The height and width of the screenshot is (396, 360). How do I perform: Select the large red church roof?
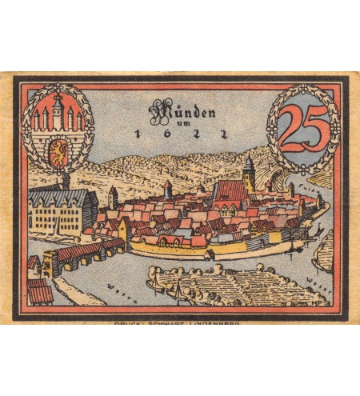[x=230, y=192]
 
